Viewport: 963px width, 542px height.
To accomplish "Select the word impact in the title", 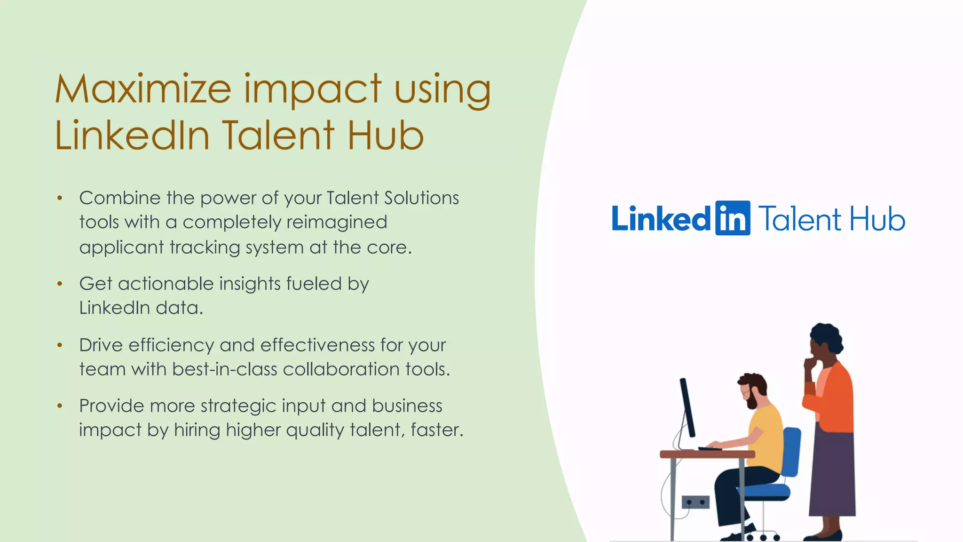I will [x=313, y=89].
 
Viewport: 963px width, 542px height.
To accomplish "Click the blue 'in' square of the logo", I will [x=732, y=218].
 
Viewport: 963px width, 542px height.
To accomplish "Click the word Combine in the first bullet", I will [x=120, y=198].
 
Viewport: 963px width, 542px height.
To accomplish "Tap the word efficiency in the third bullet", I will [x=171, y=345].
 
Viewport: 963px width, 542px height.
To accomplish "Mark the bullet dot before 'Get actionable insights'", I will [x=60, y=284].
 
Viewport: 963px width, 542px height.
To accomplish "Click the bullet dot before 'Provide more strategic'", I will [x=60, y=406].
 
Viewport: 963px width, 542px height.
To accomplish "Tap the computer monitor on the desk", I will [x=687, y=407].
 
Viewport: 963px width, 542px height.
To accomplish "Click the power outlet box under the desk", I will [x=695, y=502].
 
